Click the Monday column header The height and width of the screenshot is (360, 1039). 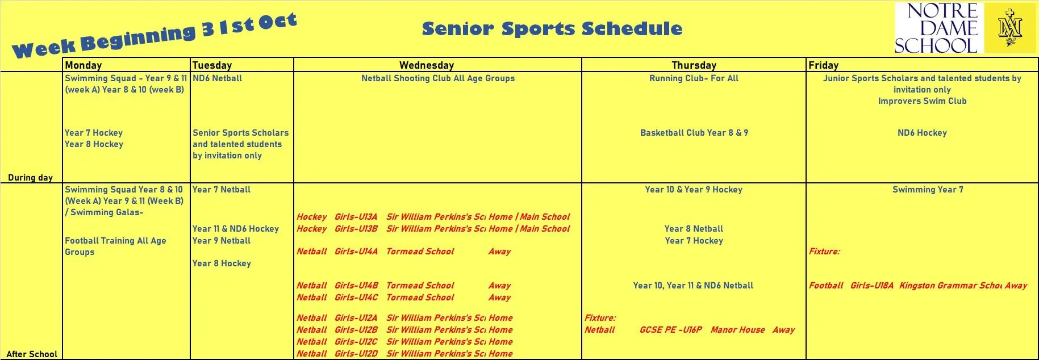click(84, 65)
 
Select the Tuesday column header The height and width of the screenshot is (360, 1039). click(212, 65)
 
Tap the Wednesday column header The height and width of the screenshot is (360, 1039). click(427, 65)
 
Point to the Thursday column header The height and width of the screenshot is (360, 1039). click(694, 65)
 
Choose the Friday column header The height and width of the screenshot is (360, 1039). click(823, 65)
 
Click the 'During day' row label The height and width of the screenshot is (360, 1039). click(31, 177)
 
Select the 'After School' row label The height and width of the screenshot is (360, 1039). click(32, 354)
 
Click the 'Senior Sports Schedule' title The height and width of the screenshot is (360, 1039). click(552, 28)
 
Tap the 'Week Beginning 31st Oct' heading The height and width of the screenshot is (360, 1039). click(154, 35)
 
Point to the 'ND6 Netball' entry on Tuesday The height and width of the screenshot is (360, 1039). click(217, 78)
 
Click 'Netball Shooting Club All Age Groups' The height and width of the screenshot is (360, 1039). click(438, 78)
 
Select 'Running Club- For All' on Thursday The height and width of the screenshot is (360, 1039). click(694, 78)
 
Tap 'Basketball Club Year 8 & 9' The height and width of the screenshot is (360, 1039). click(694, 133)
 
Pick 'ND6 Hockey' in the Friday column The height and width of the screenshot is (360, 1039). click(922, 133)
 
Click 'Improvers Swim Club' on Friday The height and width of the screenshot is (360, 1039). click(922, 101)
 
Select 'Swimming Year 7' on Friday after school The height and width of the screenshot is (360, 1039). click(928, 190)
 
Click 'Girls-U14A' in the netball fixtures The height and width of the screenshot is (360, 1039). click(356, 252)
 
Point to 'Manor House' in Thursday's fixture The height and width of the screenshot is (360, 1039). click(737, 330)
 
